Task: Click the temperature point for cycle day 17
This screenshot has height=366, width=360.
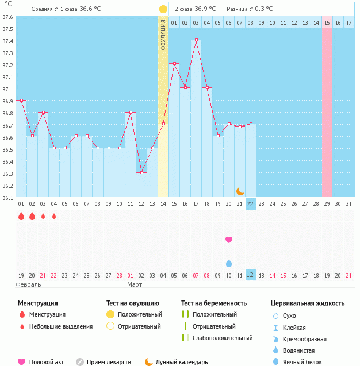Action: (x=196, y=40)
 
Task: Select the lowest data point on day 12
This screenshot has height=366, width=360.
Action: (x=141, y=172)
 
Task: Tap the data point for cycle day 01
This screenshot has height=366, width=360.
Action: (x=21, y=100)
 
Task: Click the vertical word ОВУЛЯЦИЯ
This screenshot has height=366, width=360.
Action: (x=163, y=34)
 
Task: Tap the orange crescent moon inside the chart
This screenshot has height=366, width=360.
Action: (x=240, y=191)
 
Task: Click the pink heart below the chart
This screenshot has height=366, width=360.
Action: (x=229, y=239)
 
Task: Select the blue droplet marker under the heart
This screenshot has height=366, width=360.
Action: (x=229, y=263)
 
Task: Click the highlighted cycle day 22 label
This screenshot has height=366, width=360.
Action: (x=250, y=203)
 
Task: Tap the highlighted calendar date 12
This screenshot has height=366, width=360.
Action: (x=250, y=275)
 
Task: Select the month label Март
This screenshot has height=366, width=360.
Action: (x=135, y=284)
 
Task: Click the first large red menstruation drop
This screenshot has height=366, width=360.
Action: (x=21, y=216)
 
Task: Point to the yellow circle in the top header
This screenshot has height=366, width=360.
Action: (x=163, y=9)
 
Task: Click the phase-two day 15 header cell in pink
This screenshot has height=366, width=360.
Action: (x=327, y=22)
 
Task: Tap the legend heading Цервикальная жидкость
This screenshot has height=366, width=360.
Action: (x=308, y=303)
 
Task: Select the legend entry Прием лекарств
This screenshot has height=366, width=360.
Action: (x=109, y=362)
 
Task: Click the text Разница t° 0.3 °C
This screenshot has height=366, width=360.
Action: (x=250, y=9)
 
